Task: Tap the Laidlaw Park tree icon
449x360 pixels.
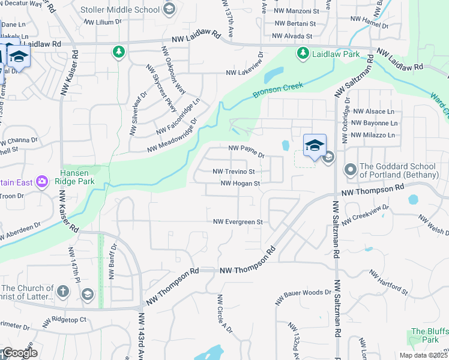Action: (303, 54)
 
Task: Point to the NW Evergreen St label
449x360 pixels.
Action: (238, 222)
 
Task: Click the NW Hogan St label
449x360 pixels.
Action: (240, 184)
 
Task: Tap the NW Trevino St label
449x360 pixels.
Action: (238, 172)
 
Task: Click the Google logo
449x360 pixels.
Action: (19, 353)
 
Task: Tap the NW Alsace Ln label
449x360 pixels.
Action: (373, 112)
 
